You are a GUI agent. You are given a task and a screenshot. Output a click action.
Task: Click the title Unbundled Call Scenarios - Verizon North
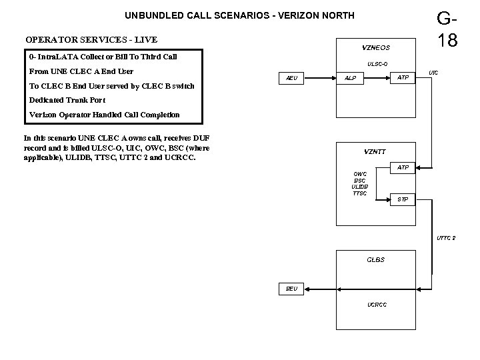coord(231,15)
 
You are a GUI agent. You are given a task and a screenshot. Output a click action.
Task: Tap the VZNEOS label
coord(375,47)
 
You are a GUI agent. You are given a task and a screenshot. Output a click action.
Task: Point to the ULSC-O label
coord(377,64)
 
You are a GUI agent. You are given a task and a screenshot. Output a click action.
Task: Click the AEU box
coord(291,78)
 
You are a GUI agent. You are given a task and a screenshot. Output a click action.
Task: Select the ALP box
coord(350,78)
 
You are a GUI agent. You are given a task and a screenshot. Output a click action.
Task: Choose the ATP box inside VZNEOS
coord(403,78)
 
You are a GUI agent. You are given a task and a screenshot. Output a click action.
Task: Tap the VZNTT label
coord(375,151)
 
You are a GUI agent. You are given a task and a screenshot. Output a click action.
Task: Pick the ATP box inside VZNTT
coord(403,167)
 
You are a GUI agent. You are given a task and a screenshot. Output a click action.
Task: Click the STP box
coord(403,199)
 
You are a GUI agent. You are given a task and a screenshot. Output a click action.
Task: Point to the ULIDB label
coord(359,187)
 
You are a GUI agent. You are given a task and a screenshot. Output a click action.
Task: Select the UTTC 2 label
coord(446,238)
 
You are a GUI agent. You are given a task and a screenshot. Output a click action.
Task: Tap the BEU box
coord(291,289)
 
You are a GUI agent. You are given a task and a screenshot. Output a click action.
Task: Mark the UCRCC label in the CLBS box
coord(377,304)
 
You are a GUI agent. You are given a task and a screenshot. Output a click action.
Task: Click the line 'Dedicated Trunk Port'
coord(67,100)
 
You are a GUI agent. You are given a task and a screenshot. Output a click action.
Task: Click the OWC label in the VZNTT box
coord(359,174)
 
